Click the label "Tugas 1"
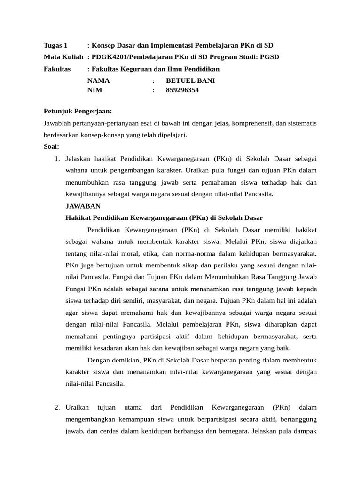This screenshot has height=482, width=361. point(55,46)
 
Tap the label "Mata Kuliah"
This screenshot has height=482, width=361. point(63,57)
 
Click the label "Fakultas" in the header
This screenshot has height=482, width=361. point(57,69)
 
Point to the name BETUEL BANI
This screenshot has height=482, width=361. point(190,81)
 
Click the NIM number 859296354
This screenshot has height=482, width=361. point(182,90)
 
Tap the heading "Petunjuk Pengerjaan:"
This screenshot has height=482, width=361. point(78,112)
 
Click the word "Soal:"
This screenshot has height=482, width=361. point(51,147)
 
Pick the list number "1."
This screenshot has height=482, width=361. point(57,159)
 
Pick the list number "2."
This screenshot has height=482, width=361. point(57,407)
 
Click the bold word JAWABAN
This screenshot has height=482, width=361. point(83,206)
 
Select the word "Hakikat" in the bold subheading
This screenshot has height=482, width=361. point(78,218)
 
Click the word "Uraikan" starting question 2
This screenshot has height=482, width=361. point(77,407)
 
